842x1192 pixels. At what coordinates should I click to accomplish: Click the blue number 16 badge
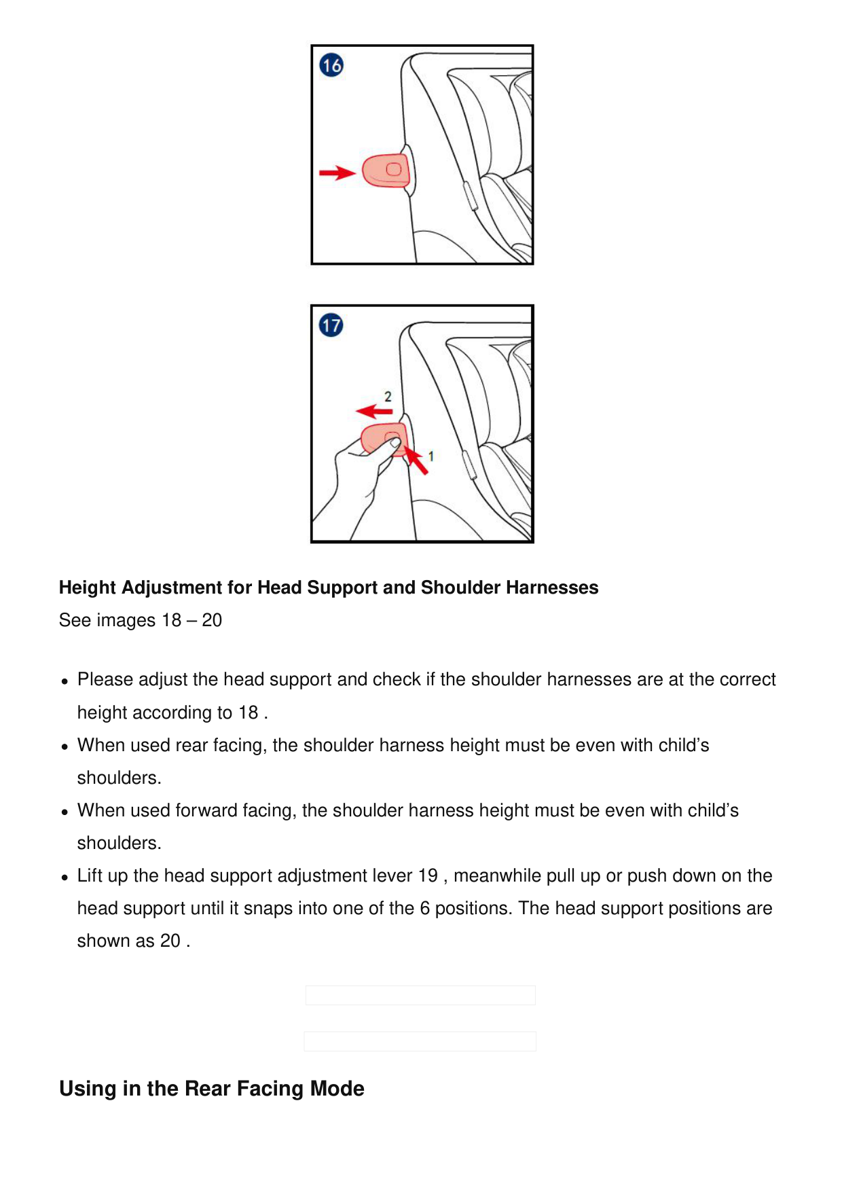pos(331,66)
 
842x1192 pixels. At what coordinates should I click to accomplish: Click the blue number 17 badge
pos(331,325)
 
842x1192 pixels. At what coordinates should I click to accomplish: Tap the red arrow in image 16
pos(337,173)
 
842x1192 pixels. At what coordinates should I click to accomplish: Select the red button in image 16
pos(386,170)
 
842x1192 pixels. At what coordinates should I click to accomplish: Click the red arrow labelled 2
pos(373,411)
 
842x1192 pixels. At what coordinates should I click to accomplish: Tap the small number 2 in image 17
pos(388,396)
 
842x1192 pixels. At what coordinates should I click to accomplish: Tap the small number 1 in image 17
pos(431,456)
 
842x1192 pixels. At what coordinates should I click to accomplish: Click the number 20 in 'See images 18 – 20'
pos(212,620)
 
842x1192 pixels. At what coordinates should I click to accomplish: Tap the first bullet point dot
pos(65,681)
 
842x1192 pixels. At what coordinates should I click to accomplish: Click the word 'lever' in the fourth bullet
pos(392,875)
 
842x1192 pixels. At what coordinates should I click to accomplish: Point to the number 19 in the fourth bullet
pos(428,875)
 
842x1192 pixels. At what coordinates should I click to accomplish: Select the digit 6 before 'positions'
pos(424,908)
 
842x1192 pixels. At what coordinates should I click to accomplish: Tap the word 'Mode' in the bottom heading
pos(337,1089)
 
